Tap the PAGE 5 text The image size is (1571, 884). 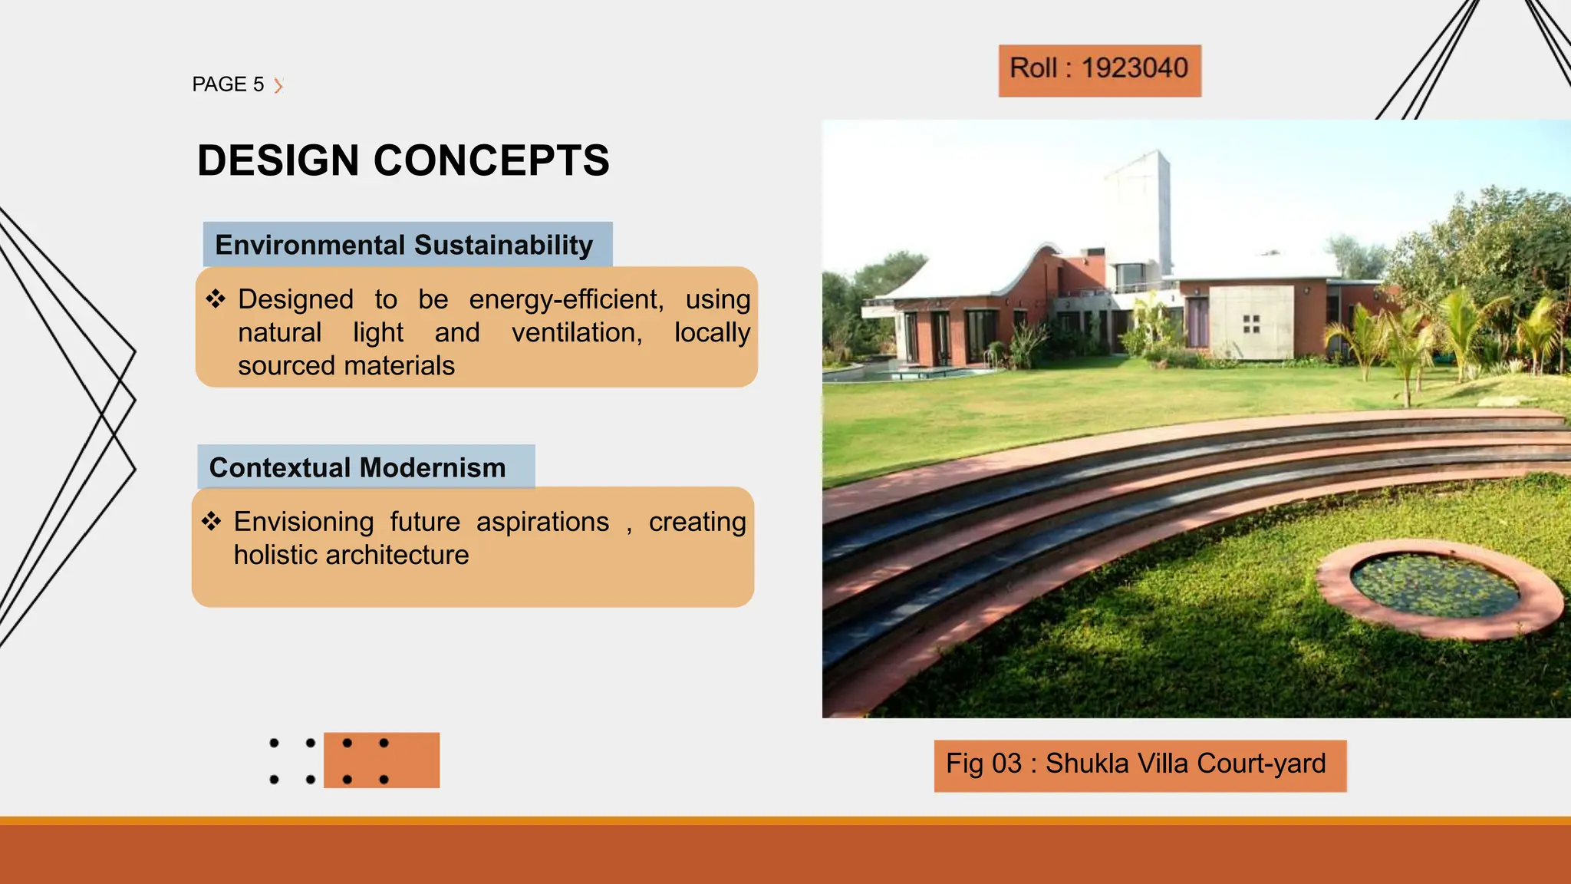228,84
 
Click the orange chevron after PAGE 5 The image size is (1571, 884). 278,85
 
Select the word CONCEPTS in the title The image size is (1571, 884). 491,160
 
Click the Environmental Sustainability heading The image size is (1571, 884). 404,245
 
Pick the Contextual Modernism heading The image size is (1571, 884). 357,467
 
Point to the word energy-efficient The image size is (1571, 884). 566,299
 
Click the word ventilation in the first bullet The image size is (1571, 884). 576,332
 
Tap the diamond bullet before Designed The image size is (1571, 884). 216,299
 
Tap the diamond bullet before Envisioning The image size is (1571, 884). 212,522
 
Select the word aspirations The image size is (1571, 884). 542,522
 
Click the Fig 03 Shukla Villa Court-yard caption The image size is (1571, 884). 1138,764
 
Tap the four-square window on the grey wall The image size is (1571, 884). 1251,324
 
